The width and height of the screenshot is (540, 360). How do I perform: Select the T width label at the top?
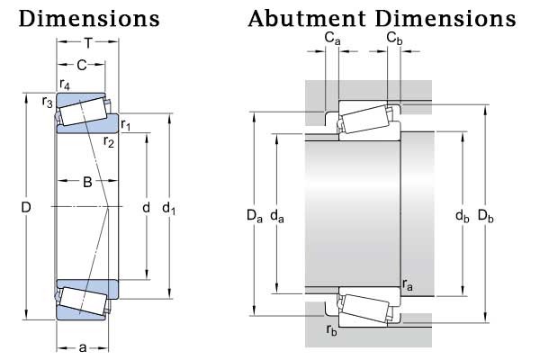pos(88,43)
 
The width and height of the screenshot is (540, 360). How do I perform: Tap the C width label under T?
pos(81,65)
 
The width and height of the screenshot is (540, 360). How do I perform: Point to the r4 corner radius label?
pos(65,85)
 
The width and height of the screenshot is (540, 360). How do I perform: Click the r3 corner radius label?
pos(47,102)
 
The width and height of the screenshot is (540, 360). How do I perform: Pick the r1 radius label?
pos(126,125)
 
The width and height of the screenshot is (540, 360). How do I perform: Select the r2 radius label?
pos(109,141)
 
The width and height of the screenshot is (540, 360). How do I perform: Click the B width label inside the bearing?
pos(87,184)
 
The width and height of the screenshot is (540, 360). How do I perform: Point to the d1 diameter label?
pos(168,209)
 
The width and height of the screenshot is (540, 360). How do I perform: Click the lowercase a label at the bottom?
pos(83,346)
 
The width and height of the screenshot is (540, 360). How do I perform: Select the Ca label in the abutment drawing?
pos(333,38)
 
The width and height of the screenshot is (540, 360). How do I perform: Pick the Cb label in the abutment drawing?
pos(394,38)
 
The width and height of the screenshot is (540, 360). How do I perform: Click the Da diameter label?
pos(255,216)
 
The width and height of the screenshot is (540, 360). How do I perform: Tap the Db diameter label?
pos(486,216)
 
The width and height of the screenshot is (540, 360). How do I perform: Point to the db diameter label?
pos(462,216)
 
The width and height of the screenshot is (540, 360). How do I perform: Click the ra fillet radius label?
pos(408,286)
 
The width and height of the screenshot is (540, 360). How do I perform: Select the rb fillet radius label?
pos(332,329)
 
